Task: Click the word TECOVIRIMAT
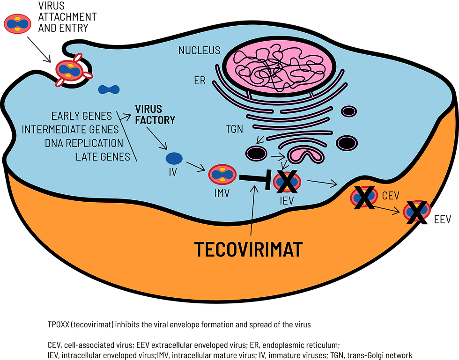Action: [248, 250]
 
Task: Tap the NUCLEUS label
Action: [199, 51]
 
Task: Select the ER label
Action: [200, 81]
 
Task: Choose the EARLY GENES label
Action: [82, 116]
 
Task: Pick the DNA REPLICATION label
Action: [84, 143]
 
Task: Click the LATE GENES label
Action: [103, 157]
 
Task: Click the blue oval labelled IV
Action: [174, 158]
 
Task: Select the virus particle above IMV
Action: [222, 174]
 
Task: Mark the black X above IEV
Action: [287, 182]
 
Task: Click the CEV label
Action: [391, 196]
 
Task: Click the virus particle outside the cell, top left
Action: [17, 24]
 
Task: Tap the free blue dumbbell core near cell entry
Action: [109, 89]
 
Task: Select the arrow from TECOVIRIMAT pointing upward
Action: [253, 210]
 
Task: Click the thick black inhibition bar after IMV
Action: [255, 179]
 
